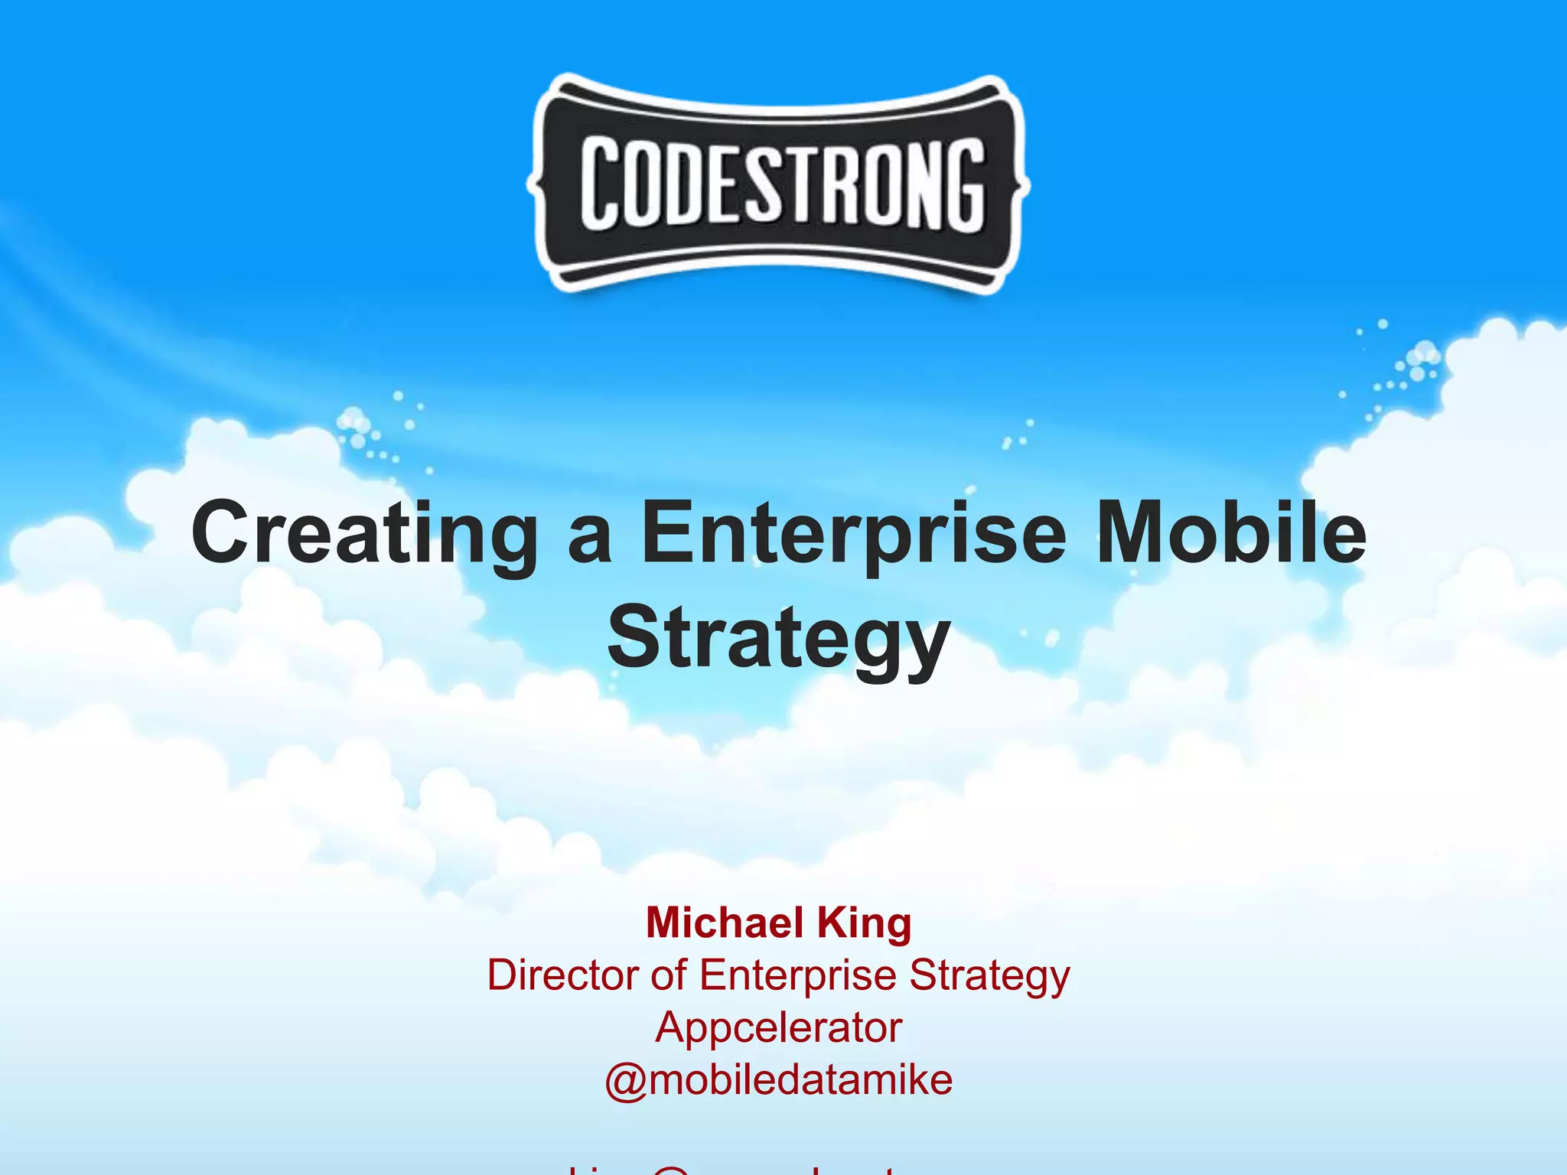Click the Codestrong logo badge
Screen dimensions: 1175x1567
(x=778, y=184)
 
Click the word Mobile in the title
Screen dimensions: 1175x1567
(x=1231, y=532)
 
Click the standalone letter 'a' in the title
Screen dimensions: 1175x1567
(x=590, y=539)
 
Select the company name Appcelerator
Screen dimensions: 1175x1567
(x=778, y=1028)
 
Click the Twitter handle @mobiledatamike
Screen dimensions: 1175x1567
(x=778, y=1080)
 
